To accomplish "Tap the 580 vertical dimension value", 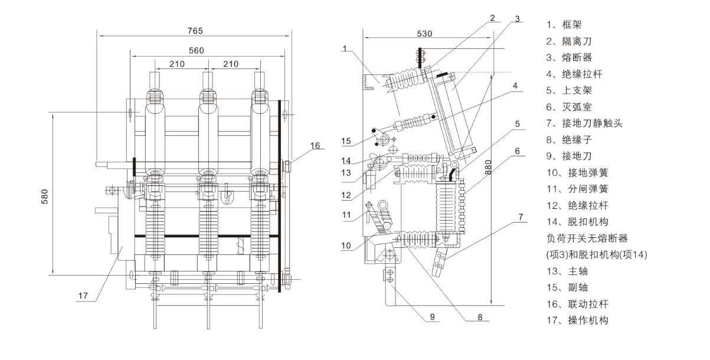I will coord(45,197).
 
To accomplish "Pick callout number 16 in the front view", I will coord(316,146).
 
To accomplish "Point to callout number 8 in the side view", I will coord(480,317).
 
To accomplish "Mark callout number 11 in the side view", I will coord(346,214).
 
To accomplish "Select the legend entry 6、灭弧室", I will coord(570,107).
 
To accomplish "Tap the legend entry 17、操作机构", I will coord(578,320).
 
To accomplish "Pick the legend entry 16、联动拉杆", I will coord(578,304).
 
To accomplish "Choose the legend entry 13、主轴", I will coord(570,271).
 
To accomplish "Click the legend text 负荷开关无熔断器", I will coord(587,238).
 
